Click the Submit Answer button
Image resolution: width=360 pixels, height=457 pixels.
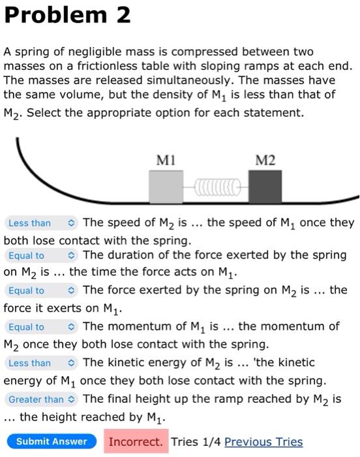click(51, 442)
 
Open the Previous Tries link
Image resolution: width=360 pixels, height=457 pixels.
click(263, 442)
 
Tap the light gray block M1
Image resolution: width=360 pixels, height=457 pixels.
click(166, 187)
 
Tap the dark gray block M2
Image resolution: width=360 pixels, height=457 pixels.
click(265, 187)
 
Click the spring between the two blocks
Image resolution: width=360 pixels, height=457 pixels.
click(215, 188)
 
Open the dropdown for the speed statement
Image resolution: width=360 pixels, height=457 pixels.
click(40, 223)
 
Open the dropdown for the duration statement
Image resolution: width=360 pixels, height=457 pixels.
click(40, 256)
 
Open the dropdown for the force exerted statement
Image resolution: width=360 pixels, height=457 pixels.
click(40, 291)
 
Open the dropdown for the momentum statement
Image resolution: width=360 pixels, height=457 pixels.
click(40, 327)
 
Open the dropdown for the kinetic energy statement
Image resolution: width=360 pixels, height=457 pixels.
click(40, 363)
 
